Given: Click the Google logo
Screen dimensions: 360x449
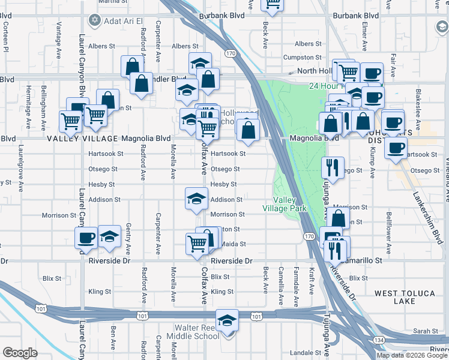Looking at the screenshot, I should pyautogui.click(x=20, y=352).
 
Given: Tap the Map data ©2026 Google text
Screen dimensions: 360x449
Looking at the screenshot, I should pyautogui.click(x=412, y=355).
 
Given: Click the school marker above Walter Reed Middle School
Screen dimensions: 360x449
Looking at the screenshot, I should pyautogui.click(x=228, y=321).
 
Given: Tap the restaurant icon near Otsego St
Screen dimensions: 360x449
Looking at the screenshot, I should pyautogui.click(x=331, y=167).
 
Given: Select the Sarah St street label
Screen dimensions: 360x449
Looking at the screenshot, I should pyautogui.click(x=427, y=331).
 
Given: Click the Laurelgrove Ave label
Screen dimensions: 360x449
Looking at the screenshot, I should pyautogui.click(x=20, y=158).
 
